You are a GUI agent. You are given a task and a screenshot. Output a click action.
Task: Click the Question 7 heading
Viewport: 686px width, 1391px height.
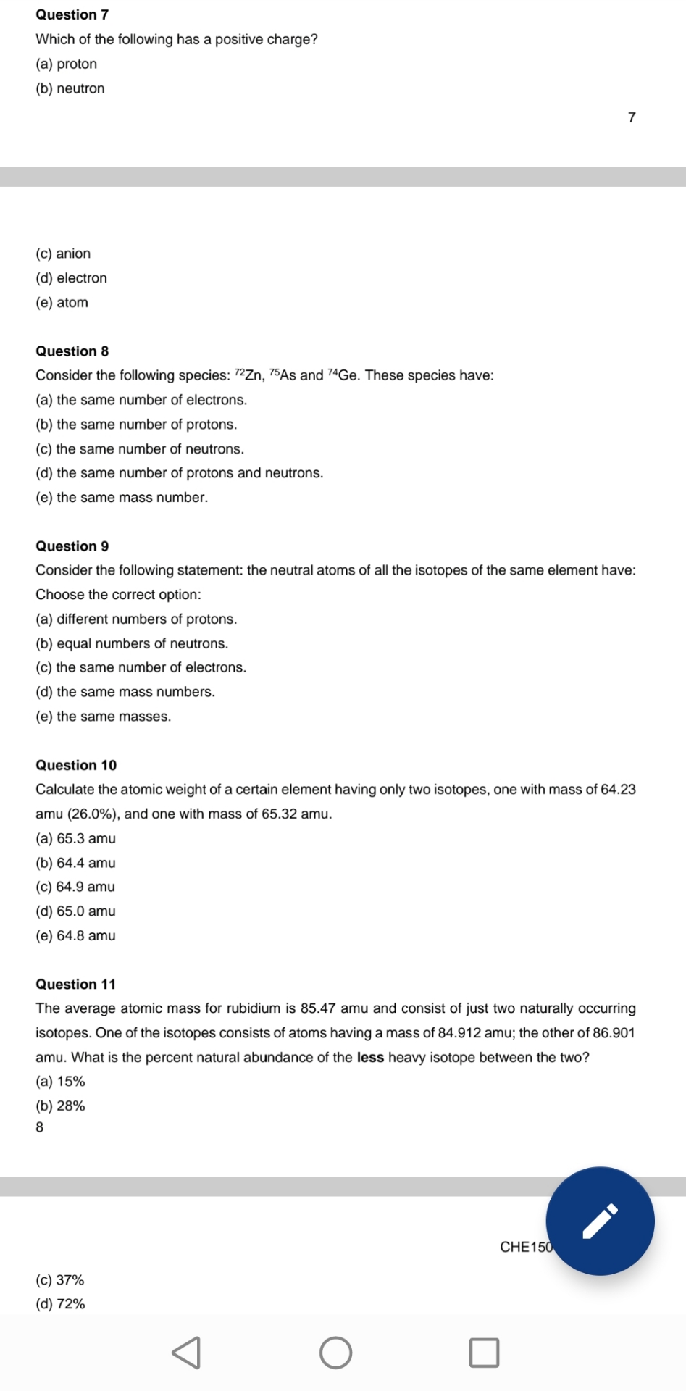[72, 14]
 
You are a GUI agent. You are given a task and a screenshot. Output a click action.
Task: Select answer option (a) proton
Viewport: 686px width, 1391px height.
[67, 64]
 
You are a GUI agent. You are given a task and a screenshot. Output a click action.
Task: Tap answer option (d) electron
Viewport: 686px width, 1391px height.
[71, 278]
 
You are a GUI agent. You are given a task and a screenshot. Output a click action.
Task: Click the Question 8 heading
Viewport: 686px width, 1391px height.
[72, 351]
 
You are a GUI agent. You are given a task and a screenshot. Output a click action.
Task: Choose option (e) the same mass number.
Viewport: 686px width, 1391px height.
[122, 498]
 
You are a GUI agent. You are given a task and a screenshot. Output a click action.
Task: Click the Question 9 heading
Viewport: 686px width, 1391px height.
[72, 546]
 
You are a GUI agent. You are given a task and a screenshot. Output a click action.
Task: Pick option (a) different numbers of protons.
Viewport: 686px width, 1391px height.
[136, 619]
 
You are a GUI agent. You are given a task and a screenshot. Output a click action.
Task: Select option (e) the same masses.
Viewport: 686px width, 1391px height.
[104, 717]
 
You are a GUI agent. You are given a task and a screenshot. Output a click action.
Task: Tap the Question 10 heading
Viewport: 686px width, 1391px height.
[76, 766]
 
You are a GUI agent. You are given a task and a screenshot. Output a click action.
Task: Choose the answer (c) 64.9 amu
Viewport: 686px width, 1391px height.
[75, 887]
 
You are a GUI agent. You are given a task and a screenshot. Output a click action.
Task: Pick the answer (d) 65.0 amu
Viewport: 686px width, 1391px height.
[75, 911]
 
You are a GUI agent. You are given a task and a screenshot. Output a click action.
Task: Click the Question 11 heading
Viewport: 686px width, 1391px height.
[76, 985]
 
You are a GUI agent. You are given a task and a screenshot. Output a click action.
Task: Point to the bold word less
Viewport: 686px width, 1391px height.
[370, 1058]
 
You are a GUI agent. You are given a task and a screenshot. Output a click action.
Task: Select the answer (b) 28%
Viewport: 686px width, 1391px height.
[61, 1106]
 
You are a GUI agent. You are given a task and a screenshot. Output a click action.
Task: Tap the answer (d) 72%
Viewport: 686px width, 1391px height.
[61, 1304]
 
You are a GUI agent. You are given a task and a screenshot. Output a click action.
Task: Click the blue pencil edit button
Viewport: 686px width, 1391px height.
[600, 1221]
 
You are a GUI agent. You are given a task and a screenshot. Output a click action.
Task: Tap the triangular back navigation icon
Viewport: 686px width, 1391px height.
[186, 1353]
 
